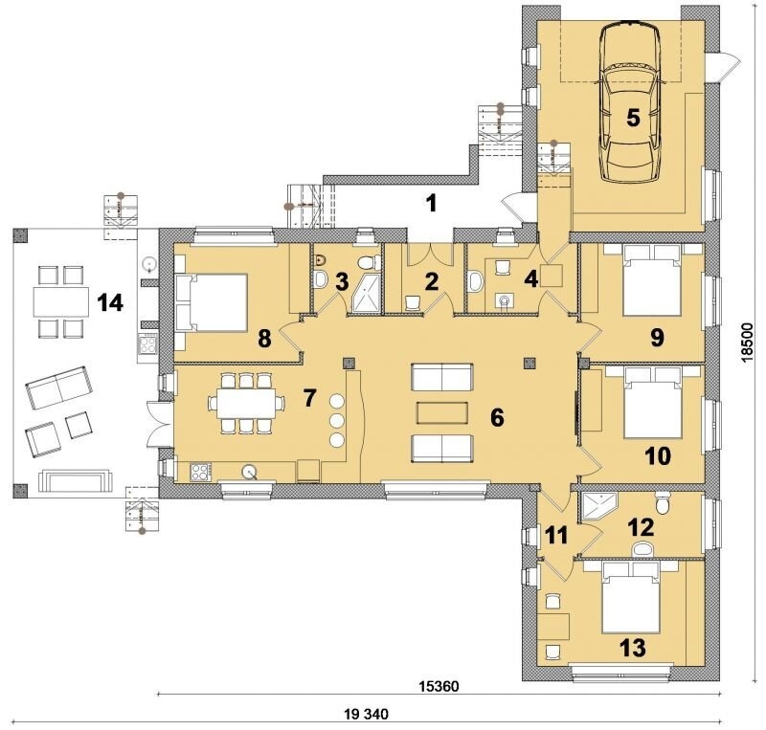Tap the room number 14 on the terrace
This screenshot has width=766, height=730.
[x=110, y=303]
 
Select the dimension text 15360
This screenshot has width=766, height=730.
[x=439, y=686]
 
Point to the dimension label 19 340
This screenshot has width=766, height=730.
[x=367, y=715]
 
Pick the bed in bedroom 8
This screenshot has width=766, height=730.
[x=212, y=302]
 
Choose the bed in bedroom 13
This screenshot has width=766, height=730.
[x=629, y=598]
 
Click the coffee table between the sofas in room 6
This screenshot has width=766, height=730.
[x=442, y=412]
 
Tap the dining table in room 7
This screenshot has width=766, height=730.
[x=246, y=403]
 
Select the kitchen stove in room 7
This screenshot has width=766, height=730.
[x=201, y=472]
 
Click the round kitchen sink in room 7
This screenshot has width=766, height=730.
[x=250, y=472]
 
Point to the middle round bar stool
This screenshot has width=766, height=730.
[x=337, y=420]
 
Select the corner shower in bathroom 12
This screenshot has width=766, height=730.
[x=600, y=507]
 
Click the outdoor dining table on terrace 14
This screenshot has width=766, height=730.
[x=61, y=302]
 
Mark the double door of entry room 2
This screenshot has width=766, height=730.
[x=430, y=254]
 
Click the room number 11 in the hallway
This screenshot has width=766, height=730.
[x=556, y=536]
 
